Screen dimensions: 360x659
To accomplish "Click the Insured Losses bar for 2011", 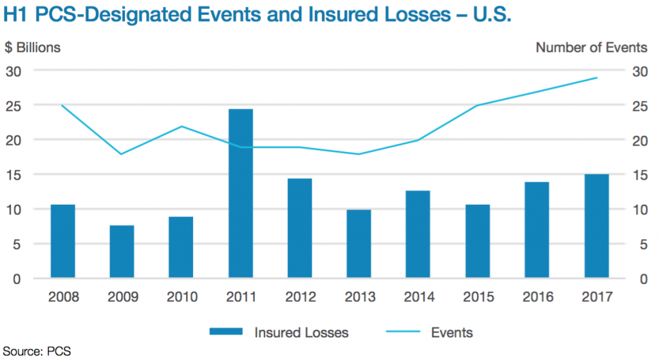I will click(x=241, y=193).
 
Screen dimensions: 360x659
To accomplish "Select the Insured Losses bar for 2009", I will click(x=122, y=252).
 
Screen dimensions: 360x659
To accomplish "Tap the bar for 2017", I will click(x=596, y=226).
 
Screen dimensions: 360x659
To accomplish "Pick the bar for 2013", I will click(x=359, y=244).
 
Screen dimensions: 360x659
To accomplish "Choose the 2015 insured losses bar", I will click(x=478, y=242).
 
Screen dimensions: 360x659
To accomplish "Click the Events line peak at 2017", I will click(x=596, y=78).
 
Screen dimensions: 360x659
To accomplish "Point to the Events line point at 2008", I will click(x=63, y=106).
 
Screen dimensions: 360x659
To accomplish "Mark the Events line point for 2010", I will click(x=181, y=126).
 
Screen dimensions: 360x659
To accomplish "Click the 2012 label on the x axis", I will click(x=300, y=297).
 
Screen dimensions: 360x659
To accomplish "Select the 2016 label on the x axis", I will click(x=537, y=297).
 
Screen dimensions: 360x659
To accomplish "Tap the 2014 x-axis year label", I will click(x=418, y=297).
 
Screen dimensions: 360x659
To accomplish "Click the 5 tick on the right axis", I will click(x=639, y=244).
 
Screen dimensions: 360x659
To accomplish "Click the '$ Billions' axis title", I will click(x=33, y=48).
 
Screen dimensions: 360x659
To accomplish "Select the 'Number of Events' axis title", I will click(x=591, y=48).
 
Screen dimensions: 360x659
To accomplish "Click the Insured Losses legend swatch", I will click(x=226, y=332).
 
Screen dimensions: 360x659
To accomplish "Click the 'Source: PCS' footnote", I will click(x=36, y=352).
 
